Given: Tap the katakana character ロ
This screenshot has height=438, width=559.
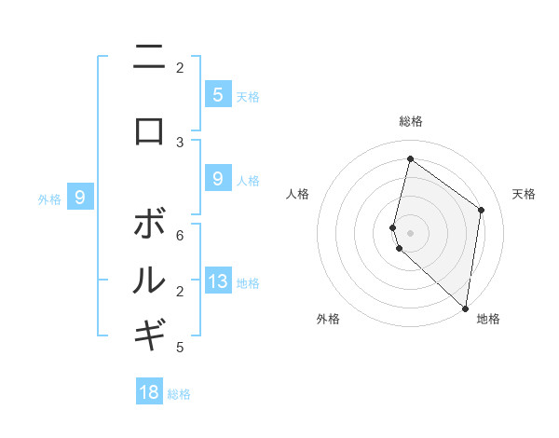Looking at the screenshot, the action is point(149,130).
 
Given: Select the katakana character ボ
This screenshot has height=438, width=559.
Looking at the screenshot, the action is point(149,225).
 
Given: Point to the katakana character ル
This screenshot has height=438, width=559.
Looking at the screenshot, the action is point(149,280).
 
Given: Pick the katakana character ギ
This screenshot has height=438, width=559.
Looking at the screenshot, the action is point(149,335).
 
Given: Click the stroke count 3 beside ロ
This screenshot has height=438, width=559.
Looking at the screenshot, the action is point(180,142).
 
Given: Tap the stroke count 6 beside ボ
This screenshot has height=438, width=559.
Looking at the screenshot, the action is point(180,237).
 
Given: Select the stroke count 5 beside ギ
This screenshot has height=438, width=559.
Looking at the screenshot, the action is point(180,348).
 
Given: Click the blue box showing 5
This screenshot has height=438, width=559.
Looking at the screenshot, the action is point(217,94).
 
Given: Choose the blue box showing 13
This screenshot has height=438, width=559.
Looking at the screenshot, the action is point(217,281).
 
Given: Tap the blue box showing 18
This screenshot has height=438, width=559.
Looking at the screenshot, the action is point(149,392).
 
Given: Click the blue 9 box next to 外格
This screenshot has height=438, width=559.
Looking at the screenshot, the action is point(80,197).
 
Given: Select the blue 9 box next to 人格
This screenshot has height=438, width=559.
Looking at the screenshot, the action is point(217,178).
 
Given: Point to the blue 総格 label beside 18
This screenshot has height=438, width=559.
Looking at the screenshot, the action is point(179,394).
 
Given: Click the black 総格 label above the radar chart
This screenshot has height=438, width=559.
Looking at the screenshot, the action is point(410,121).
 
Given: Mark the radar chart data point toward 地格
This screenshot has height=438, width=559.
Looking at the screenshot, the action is point(465,308).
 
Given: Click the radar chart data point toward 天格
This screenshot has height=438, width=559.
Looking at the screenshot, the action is point(481,211).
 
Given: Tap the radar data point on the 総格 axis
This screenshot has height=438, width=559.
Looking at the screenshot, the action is point(410,158).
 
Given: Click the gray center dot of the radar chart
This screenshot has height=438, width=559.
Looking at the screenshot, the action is point(410,232).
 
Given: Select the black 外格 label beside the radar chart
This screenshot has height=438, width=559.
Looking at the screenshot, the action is point(328,320).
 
